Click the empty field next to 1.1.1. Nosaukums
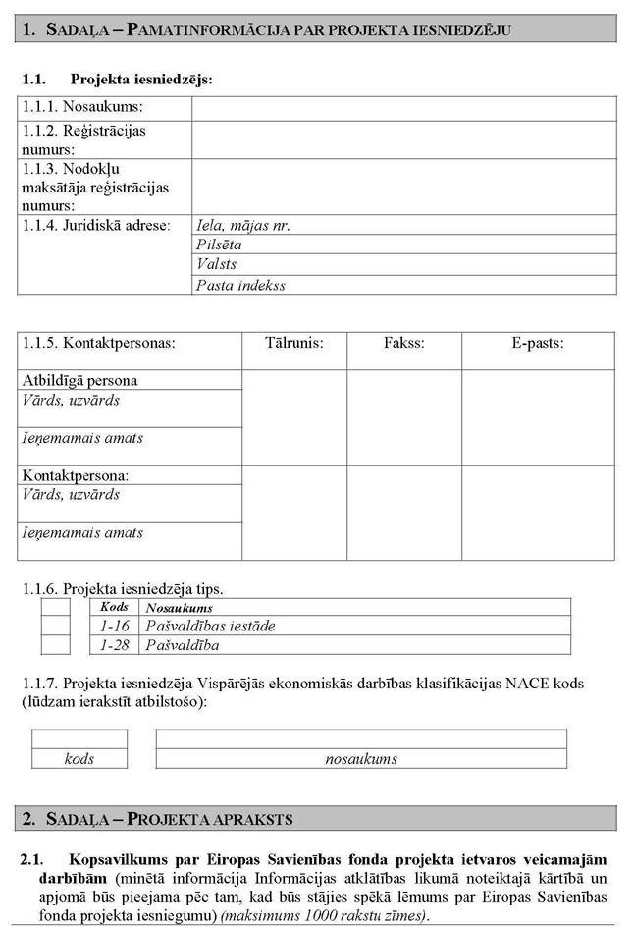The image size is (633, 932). click(x=403, y=107)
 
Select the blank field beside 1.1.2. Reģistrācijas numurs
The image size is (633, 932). click(x=403, y=139)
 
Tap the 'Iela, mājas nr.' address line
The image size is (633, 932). click(x=404, y=225)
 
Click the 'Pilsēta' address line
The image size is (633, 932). click(x=404, y=246)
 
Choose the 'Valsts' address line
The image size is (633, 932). click(x=404, y=265)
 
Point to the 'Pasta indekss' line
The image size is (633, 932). click(x=404, y=285)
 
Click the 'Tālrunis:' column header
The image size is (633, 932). click(x=293, y=343)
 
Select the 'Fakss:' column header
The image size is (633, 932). click(x=403, y=343)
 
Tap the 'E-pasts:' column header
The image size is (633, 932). click(x=537, y=343)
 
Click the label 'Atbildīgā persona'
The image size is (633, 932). click(x=79, y=380)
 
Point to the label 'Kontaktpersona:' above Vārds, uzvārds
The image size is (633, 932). click(x=76, y=475)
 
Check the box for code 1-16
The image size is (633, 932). click(x=55, y=626)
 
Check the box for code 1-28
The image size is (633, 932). click(x=55, y=645)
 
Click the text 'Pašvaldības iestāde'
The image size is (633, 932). click(x=210, y=626)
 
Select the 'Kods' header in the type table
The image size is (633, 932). click(x=115, y=607)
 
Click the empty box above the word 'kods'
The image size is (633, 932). click(x=79, y=739)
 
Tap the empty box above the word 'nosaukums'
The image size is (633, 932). click(x=361, y=739)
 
